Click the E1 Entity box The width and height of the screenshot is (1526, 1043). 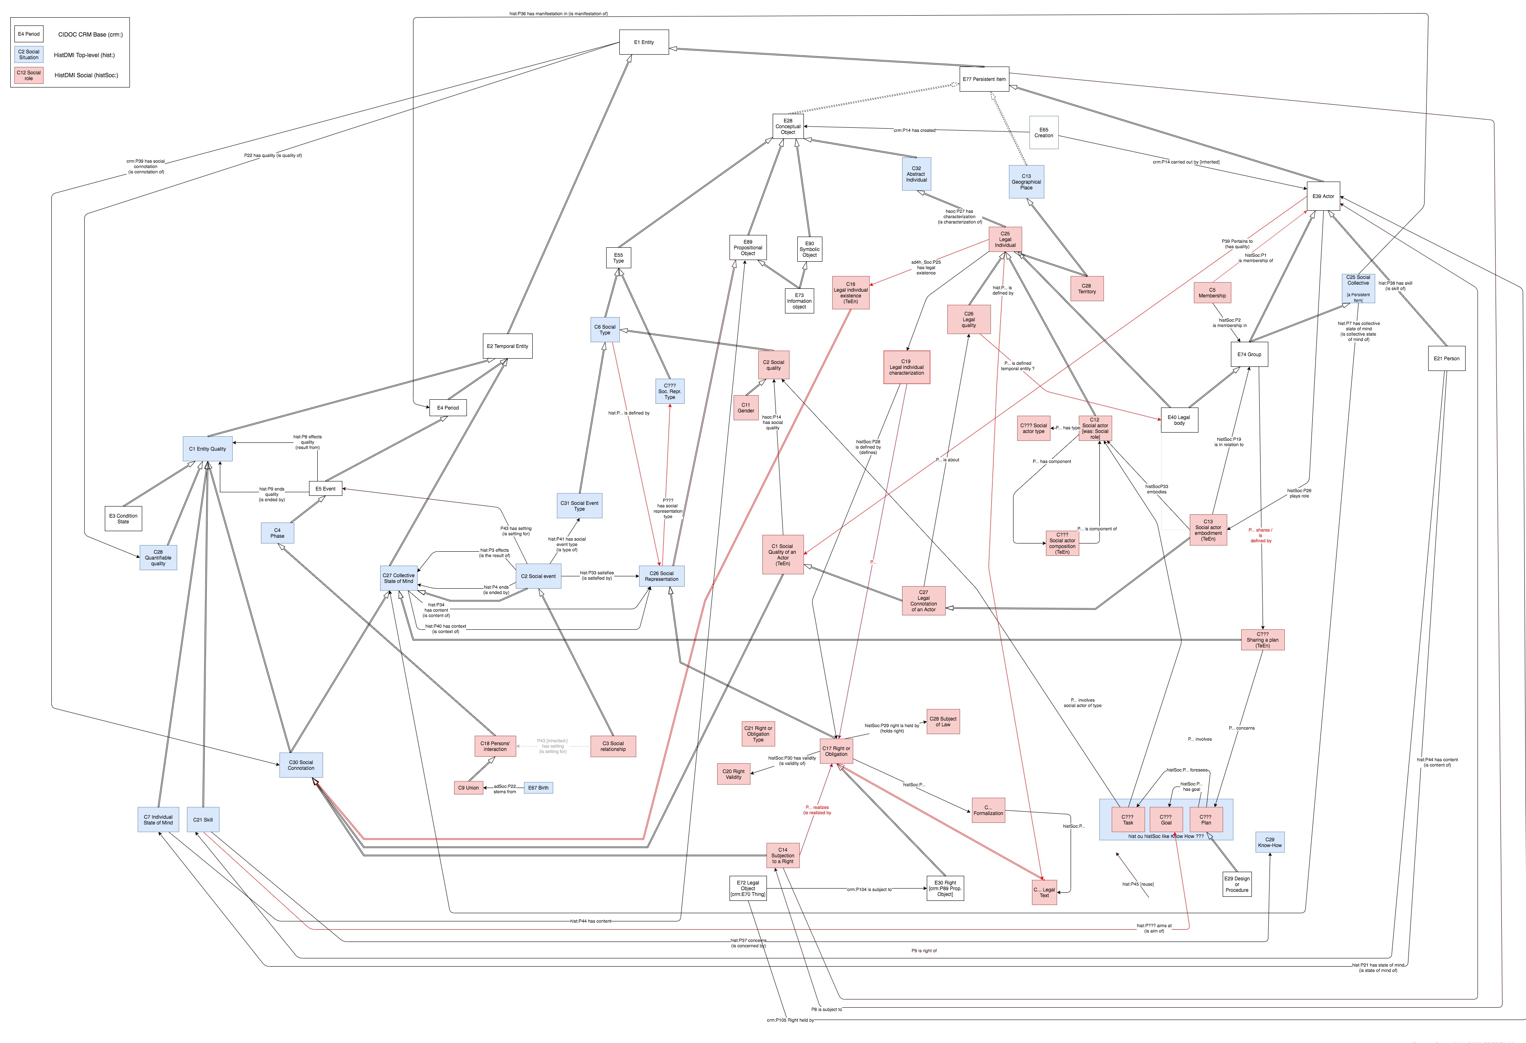[x=644, y=42]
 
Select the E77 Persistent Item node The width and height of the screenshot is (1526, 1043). [x=983, y=79]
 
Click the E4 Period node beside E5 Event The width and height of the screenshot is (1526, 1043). [x=448, y=408]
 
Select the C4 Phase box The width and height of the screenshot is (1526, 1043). [x=277, y=533]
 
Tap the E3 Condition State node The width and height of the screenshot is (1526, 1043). [x=123, y=518]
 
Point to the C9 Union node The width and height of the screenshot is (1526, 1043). [x=468, y=787]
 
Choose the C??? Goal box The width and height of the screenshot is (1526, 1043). [x=1166, y=819]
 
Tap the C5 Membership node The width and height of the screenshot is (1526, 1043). [x=1212, y=293]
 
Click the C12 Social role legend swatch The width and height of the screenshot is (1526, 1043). [x=28, y=76]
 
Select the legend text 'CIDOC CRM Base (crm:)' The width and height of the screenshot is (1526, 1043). [x=90, y=34]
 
